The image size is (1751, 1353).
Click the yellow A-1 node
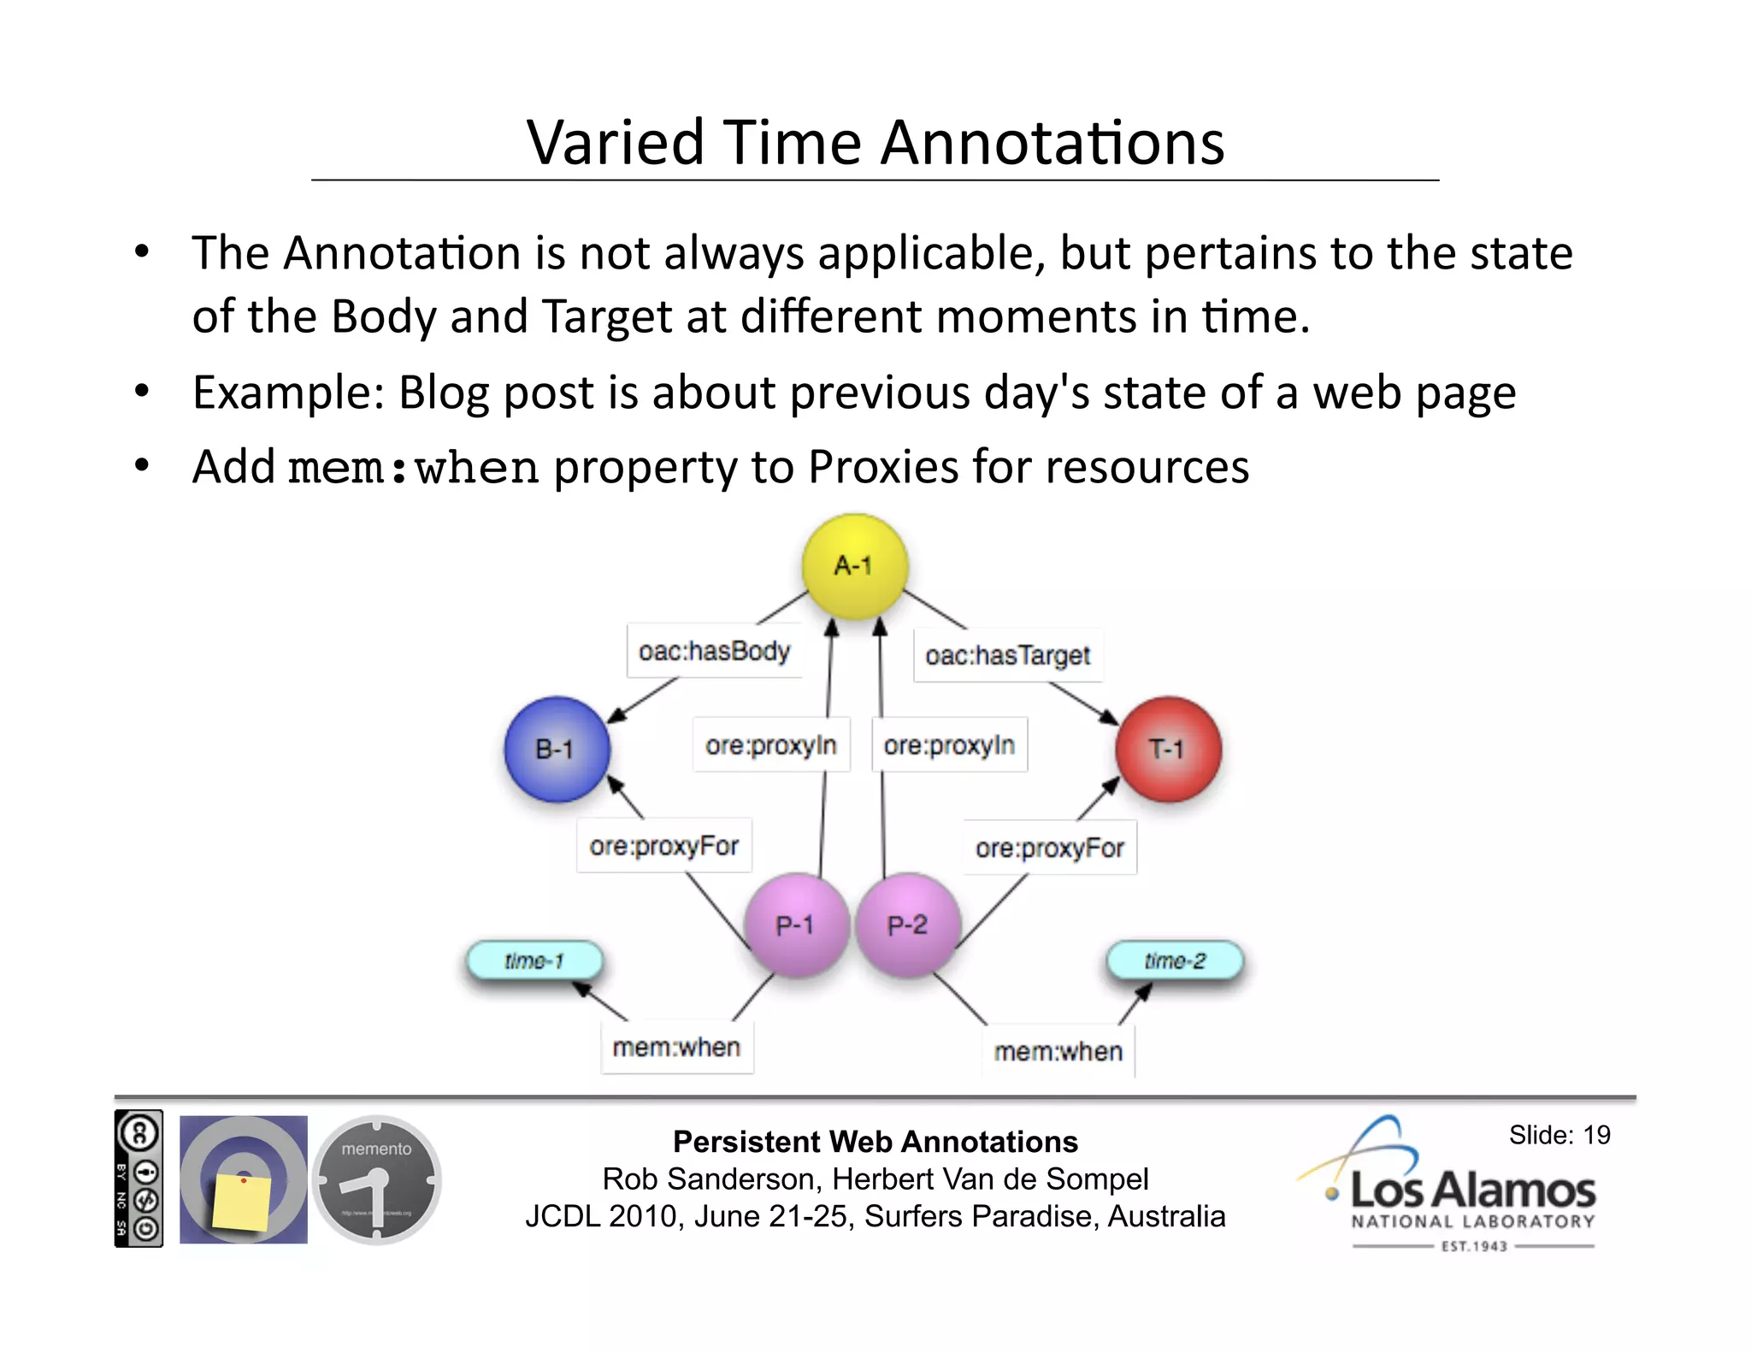pos(854,565)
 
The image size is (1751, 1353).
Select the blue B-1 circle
pos(557,749)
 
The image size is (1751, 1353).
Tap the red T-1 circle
pos(1168,749)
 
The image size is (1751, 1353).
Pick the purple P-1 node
pos(796,925)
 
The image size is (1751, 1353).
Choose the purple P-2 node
pos(908,925)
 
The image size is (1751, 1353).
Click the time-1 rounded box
pos(534,960)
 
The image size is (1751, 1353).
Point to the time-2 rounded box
pos(1175,960)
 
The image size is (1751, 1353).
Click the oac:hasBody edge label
pos(715,651)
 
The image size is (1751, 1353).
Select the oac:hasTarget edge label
pos(1007,655)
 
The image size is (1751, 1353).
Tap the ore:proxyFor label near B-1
pos(663,845)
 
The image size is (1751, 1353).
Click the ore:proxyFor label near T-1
pos(1050,848)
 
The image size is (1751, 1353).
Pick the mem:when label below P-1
pos(676,1047)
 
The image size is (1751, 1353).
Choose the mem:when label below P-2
pos(1058,1051)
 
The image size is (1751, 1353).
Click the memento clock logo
pos(377,1179)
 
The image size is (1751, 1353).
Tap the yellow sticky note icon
pos(242,1201)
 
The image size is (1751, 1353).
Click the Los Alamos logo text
pos(1472,1190)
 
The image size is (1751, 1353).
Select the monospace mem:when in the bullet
pos(413,468)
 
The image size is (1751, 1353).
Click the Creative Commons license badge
pos(139,1178)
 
